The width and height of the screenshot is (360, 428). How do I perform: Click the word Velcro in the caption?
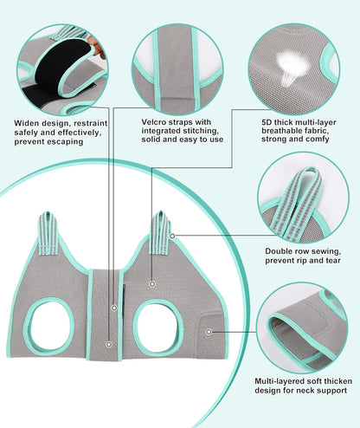pos(153,122)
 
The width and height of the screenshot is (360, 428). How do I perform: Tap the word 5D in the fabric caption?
pos(267,122)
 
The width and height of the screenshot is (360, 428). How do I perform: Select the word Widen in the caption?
pos(26,123)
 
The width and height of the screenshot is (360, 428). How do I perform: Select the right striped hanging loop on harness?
pos(161,233)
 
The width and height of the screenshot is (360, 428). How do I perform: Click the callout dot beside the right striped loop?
pos(172,236)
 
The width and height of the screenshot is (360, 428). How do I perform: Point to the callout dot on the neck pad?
pos(209,332)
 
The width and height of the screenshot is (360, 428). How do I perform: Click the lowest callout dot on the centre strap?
pos(109,344)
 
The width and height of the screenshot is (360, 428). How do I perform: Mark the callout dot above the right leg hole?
pos(152,284)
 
